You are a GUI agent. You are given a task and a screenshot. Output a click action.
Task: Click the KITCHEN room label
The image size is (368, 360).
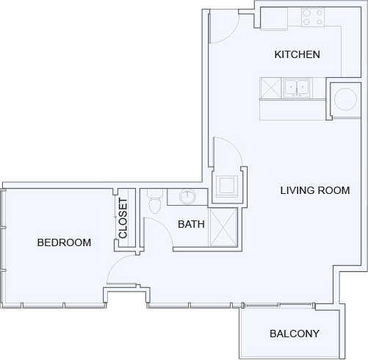pos(297,54)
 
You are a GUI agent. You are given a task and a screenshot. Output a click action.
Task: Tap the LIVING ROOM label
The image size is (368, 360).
pos(315,190)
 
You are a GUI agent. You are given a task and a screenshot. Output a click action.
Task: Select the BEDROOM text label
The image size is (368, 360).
pos(64,242)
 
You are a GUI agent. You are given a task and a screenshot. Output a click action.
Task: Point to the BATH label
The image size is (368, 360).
pos(191,224)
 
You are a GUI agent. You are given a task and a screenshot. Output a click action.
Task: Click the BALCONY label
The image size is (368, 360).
pos(295,334)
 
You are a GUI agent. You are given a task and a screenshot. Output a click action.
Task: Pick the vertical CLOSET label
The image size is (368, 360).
pos(123,218)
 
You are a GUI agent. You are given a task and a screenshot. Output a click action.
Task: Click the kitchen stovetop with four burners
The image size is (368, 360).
pos(313,17)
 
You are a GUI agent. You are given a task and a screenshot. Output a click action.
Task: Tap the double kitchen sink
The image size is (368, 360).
pos(297,87)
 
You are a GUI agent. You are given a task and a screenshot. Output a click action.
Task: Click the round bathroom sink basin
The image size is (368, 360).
pos(187,196)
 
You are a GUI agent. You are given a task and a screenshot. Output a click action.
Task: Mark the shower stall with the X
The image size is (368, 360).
pos(223,227)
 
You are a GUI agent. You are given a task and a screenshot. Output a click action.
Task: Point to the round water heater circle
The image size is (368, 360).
pos(345,99)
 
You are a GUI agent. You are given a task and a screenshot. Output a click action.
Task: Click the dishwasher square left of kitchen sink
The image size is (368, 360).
pos(270,88)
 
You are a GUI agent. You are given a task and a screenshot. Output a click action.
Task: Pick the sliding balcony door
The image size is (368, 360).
pos(278,305)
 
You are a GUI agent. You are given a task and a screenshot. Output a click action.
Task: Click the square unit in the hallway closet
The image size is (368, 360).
pos(227,186)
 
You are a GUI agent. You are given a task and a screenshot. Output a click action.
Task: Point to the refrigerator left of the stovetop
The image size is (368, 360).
pos(274,18)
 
